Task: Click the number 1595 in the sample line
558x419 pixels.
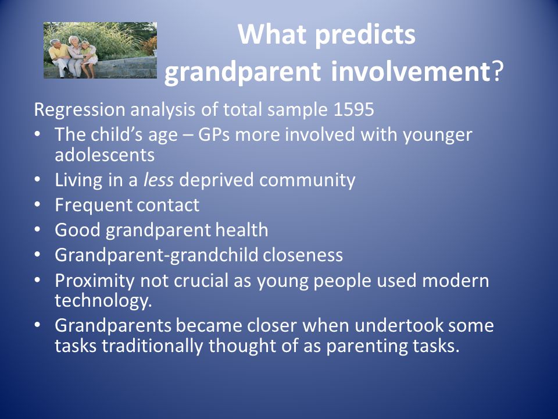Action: click(354, 109)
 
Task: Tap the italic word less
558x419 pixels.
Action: click(158, 180)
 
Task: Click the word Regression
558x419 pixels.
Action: click(80, 110)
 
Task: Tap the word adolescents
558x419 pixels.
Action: click(105, 155)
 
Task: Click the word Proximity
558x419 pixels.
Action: click(95, 281)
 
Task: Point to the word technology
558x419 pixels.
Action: click(103, 301)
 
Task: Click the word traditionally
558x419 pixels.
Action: click(152, 346)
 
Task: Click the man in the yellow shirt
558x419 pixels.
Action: click(59, 58)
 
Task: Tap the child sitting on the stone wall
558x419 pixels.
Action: click(88, 59)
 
